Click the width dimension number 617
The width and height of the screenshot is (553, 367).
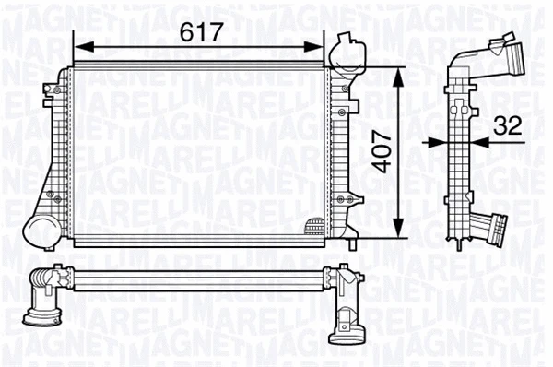point(200,32)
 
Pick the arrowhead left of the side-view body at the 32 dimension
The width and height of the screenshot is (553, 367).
point(440,143)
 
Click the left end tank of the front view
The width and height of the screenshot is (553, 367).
point(63,152)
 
